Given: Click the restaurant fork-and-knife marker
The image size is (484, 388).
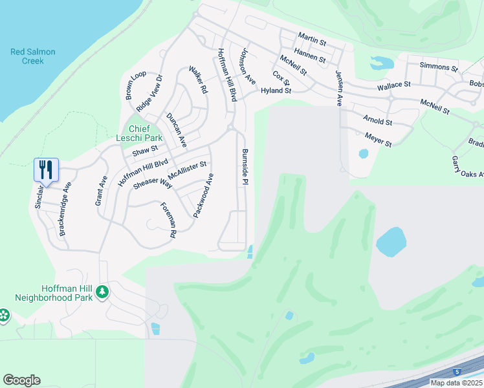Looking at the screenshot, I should tap(46, 170).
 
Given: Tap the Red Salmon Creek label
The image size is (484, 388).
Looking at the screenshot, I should tap(28, 56).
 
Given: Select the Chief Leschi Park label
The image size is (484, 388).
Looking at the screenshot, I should tap(136, 133).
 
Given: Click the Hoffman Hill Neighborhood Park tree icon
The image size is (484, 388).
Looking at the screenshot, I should tap(102, 293).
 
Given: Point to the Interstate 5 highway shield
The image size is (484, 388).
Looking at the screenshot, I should tap(458, 372).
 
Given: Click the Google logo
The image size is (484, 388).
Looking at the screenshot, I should tap(21, 380).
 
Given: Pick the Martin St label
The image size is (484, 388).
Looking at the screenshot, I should tap(312, 39).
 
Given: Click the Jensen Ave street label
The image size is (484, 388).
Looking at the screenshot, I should tap(338, 89).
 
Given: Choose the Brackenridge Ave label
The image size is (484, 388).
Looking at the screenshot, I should tap(65, 208).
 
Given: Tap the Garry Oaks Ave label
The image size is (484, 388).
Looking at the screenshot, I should tap(468, 166).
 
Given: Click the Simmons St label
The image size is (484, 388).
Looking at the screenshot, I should tap(438, 66).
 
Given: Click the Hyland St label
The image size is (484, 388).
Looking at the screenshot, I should tap(276, 91).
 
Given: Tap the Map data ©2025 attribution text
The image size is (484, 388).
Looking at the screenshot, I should tap(456, 383).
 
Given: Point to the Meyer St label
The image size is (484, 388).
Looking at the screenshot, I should tap(378, 138).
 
